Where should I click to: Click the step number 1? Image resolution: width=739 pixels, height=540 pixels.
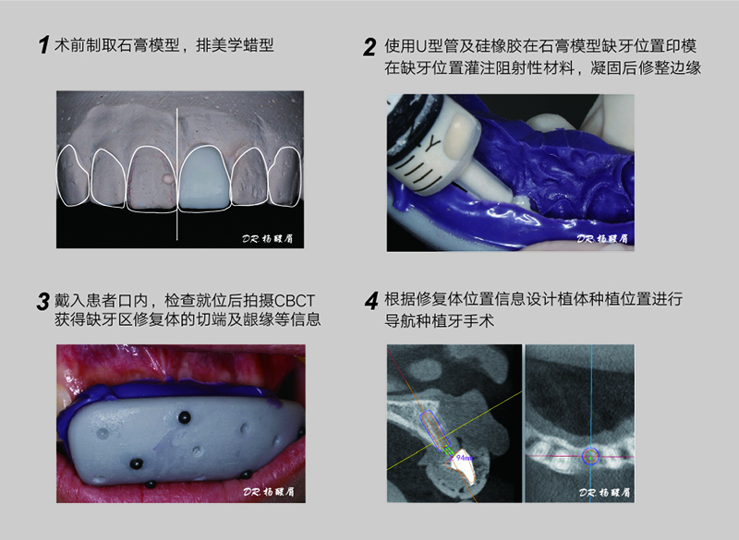(43, 45)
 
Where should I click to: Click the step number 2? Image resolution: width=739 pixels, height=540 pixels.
(369, 47)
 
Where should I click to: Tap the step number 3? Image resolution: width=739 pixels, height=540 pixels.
(42, 302)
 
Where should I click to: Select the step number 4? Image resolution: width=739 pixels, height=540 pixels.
(371, 301)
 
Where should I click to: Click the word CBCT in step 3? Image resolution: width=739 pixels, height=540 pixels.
(294, 300)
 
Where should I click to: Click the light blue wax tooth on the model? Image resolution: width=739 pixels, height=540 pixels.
(203, 178)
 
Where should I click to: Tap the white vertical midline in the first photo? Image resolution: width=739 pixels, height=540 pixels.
(177, 174)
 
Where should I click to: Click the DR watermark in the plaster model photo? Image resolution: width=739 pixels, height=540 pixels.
(268, 238)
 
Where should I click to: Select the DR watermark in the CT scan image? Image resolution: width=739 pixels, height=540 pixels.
(605, 492)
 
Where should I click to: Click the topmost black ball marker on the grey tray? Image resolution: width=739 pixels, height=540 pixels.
(184, 416)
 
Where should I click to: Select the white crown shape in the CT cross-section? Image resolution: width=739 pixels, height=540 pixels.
(463, 468)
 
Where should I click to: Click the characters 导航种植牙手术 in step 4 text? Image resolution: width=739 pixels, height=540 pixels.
(440, 321)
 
